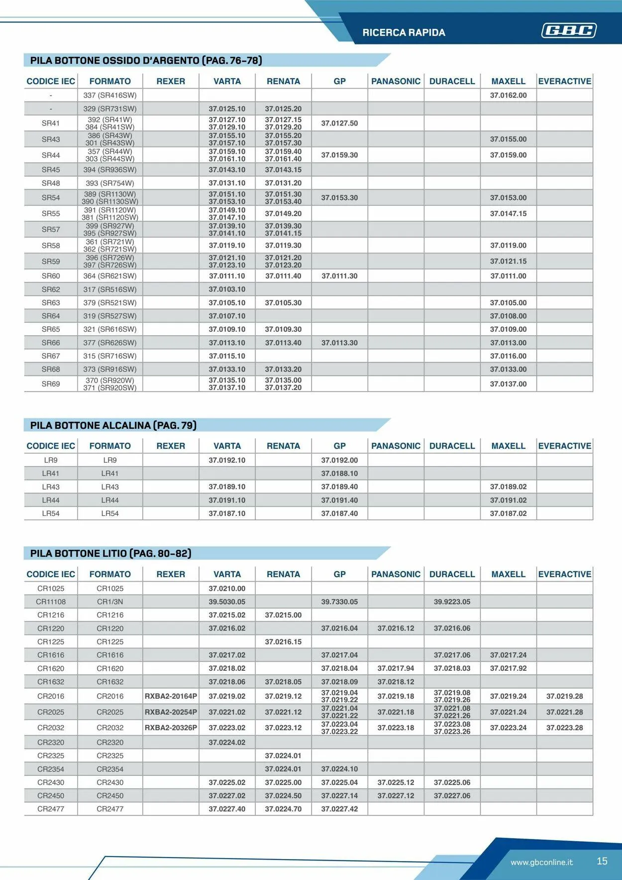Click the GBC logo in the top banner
tap(569, 31)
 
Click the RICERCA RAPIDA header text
tap(404, 33)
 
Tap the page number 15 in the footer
tap(602, 861)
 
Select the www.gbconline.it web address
tap(541, 862)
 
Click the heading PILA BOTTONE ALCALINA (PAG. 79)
tap(113, 425)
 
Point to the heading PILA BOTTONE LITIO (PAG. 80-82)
tap(110, 553)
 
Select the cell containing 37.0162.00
tap(508, 95)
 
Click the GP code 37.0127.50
tap(339, 123)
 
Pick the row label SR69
tap(51, 384)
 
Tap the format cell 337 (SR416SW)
tap(110, 95)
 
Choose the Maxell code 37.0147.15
tap(508, 214)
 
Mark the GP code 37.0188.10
tap(339, 474)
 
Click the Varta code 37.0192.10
tap(227, 460)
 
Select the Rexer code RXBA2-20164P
tap(171, 696)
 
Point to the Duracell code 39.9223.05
tap(452, 602)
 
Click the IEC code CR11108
tap(51, 602)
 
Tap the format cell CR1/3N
tap(110, 602)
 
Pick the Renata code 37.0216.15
tap(283, 642)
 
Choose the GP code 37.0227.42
tap(339, 809)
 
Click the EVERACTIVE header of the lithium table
tap(564, 574)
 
